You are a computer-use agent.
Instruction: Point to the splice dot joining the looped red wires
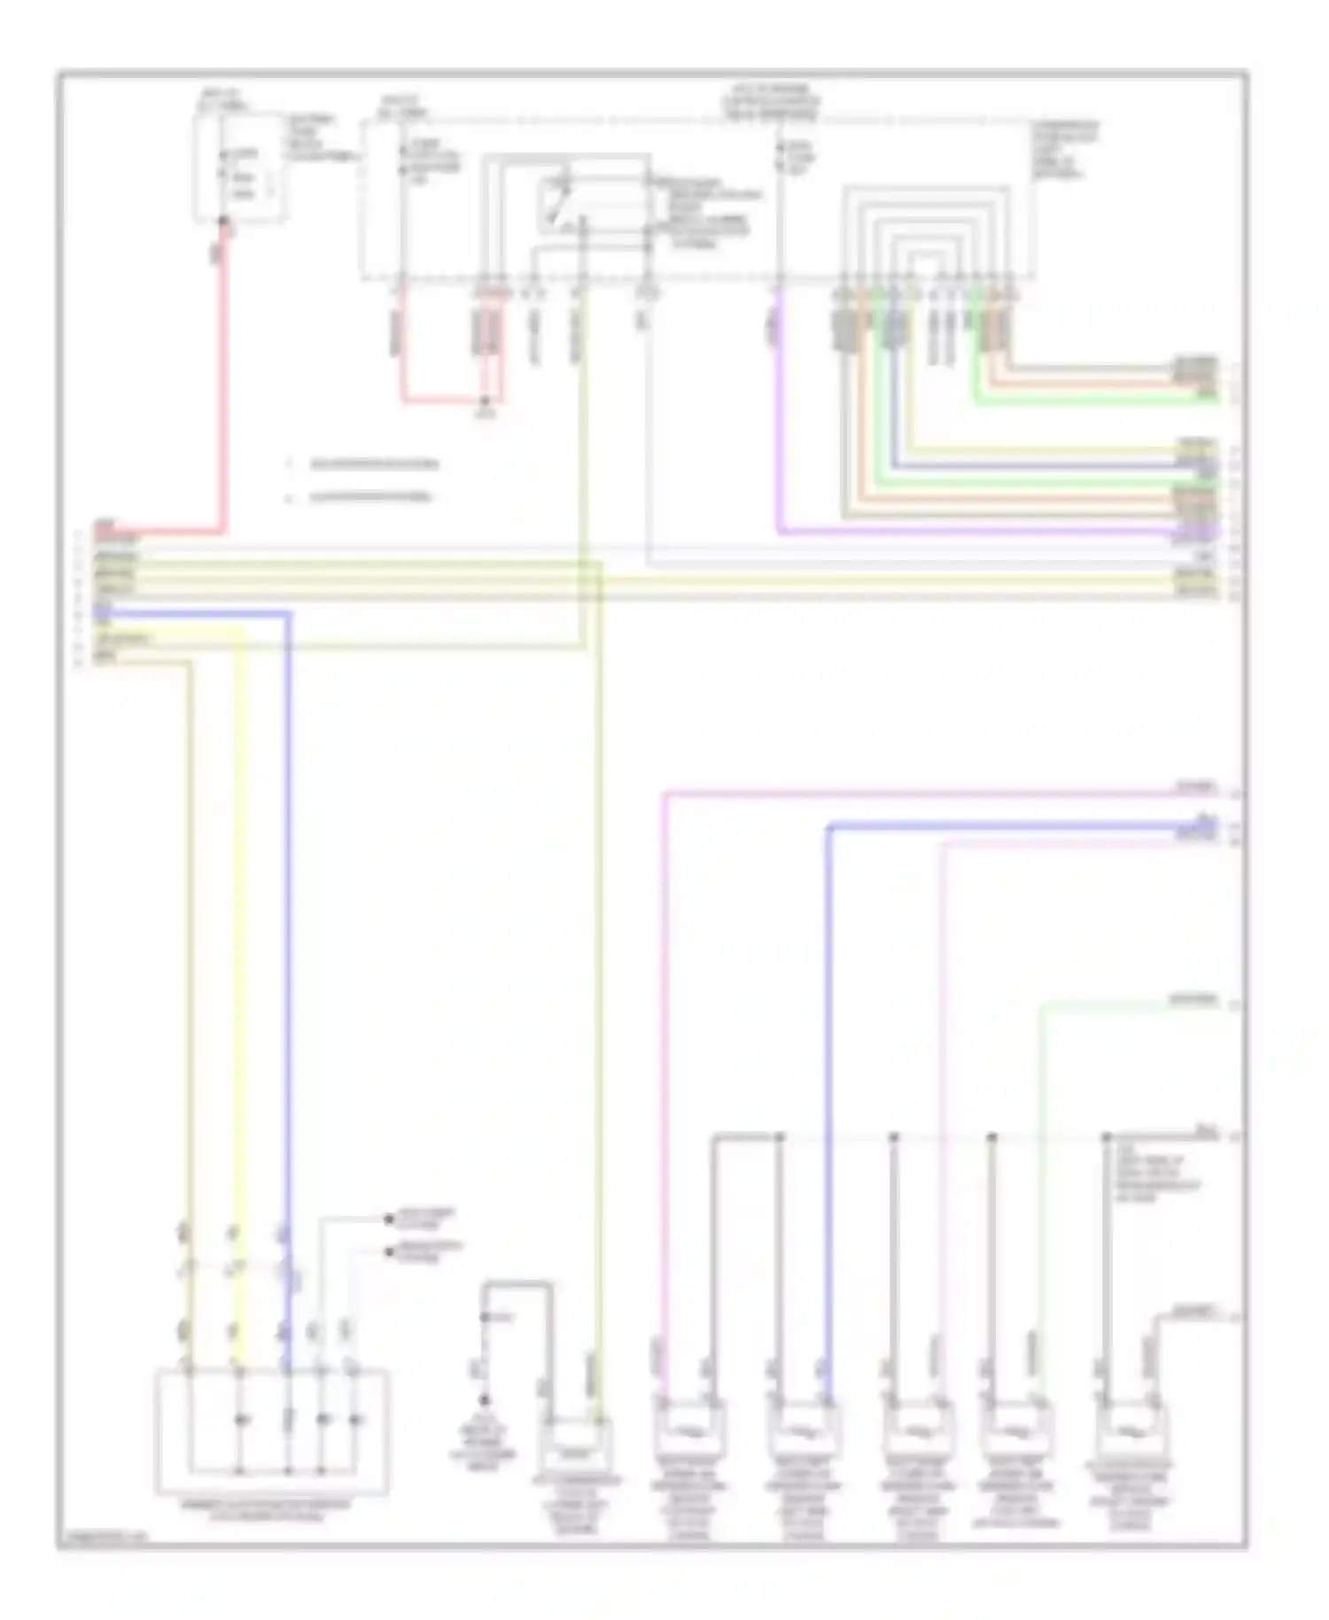[x=485, y=401]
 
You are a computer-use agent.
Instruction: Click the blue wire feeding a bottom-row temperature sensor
[x=828, y=1063]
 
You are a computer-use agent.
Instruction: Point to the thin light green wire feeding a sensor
[x=1042, y=1152]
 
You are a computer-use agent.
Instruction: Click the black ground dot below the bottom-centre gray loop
[x=484, y=1399]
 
